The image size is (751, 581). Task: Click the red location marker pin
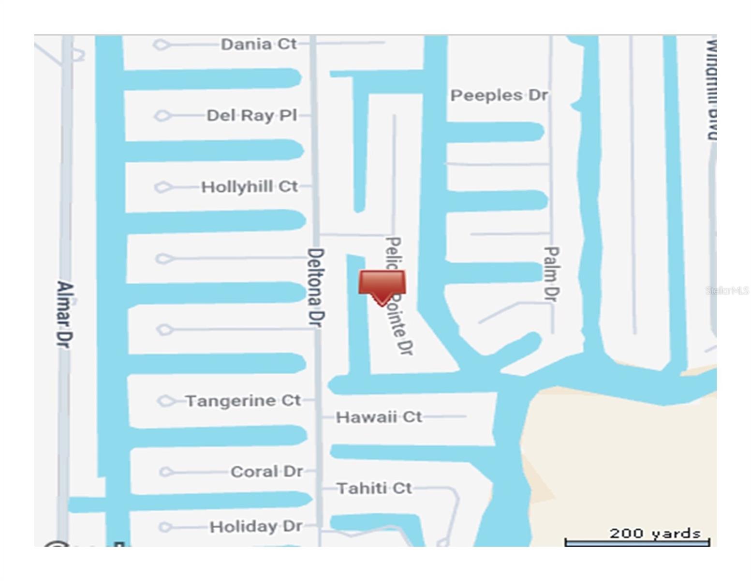point(382,286)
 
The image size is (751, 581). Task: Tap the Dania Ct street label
point(258,44)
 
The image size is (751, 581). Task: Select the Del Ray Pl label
point(251,115)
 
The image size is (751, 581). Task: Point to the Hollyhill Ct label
point(249,186)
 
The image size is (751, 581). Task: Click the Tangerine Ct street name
point(243,401)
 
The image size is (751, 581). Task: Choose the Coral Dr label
point(266,472)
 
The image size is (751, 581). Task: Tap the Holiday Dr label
point(256,526)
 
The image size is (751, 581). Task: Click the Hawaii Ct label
point(379,417)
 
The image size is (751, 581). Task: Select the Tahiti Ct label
point(374,488)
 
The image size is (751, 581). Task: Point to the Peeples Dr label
point(499,95)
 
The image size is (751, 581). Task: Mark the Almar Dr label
point(64,314)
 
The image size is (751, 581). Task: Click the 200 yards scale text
point(655,534)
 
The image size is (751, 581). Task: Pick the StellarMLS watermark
point(727,290)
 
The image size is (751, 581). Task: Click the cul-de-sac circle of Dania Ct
point(161,45)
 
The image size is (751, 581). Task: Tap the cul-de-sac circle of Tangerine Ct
point(166,401)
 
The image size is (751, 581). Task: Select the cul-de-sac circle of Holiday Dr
point(165,527)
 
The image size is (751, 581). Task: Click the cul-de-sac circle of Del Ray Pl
point(162,116)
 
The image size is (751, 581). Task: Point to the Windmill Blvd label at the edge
point(711,90)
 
